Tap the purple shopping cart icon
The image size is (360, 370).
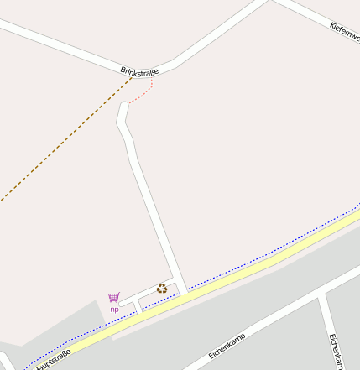pyautogui.click(x=113, y=297)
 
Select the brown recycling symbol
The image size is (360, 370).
pyautogui.click(x=161, y=288)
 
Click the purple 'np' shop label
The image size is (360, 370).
pyautogui.click(x=114, y=309)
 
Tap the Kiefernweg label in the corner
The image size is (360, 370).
pyautogui.click(x=346, y=33)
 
